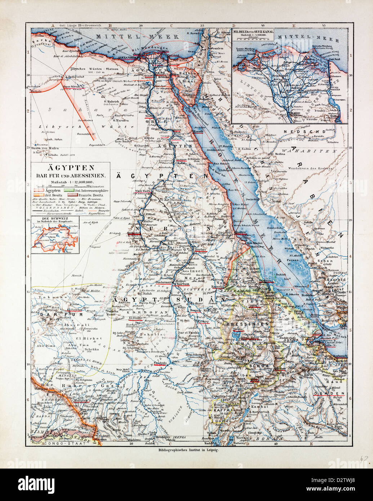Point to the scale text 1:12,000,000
71,182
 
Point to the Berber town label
200,250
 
